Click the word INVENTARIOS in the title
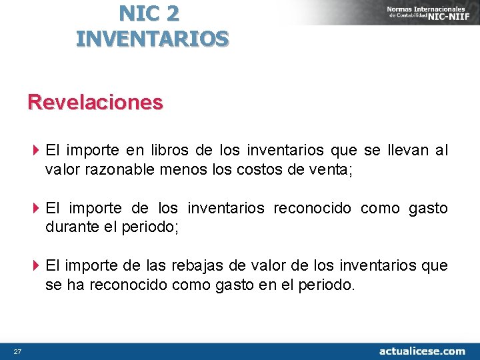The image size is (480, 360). click(x=153, y=38)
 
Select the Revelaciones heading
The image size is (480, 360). click(x=95, y=102)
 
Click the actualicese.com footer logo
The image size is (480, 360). click(x=422, y=351)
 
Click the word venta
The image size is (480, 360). click(x=329, y=169)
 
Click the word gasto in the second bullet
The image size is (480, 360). click(x=427, y=209)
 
